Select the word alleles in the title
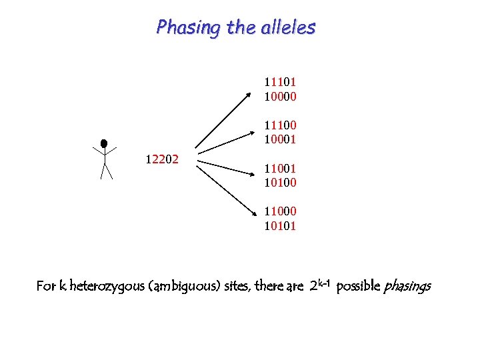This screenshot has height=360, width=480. coord(290,28)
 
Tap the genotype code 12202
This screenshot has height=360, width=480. coord(162,159)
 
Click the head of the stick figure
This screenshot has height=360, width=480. coord(104,143)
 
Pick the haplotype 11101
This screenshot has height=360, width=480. coord(280,82)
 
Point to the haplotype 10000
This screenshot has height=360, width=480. coord(280,97)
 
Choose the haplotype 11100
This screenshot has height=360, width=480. coord(280,125)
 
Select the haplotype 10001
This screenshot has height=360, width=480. coord(280,140)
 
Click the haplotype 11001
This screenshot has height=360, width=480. coord(280,168)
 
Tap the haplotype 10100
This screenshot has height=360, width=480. coord(280,182)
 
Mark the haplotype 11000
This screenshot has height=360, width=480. coord(280,211)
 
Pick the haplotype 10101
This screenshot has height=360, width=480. coord(280,225)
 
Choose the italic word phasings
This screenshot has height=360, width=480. coord(406,287)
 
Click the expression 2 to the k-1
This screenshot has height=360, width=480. coord(321,285)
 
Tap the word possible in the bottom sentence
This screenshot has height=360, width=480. coord(358,287)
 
